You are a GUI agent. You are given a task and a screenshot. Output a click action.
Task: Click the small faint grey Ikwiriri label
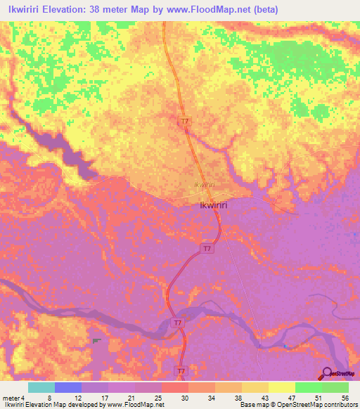coord(204,184)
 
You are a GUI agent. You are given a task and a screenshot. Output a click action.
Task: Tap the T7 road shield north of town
coord(184,122)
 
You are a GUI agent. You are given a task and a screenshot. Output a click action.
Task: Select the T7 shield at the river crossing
coord(179,323)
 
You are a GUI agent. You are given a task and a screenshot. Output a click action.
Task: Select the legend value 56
coord(345,397)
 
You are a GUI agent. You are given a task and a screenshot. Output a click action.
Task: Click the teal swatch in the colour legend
coord(41,387)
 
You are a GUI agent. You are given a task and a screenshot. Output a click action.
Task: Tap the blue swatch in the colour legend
coord(67,387)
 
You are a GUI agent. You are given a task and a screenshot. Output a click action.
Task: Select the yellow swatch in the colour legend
coord(281,387)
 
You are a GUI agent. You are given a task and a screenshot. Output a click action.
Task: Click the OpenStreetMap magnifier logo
coord(327,373)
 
